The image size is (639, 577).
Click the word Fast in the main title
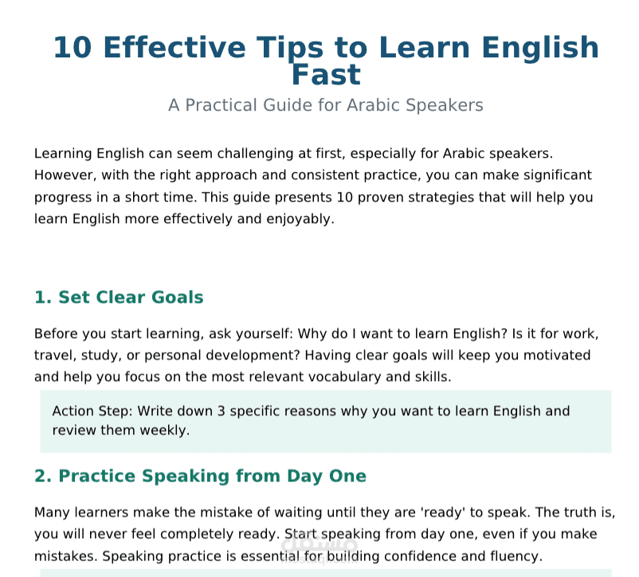pos(326,75)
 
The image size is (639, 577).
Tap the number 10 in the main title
pos(73,48)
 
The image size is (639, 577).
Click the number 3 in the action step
pos(221,411)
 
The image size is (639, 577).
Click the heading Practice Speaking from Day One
pos(200,477)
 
